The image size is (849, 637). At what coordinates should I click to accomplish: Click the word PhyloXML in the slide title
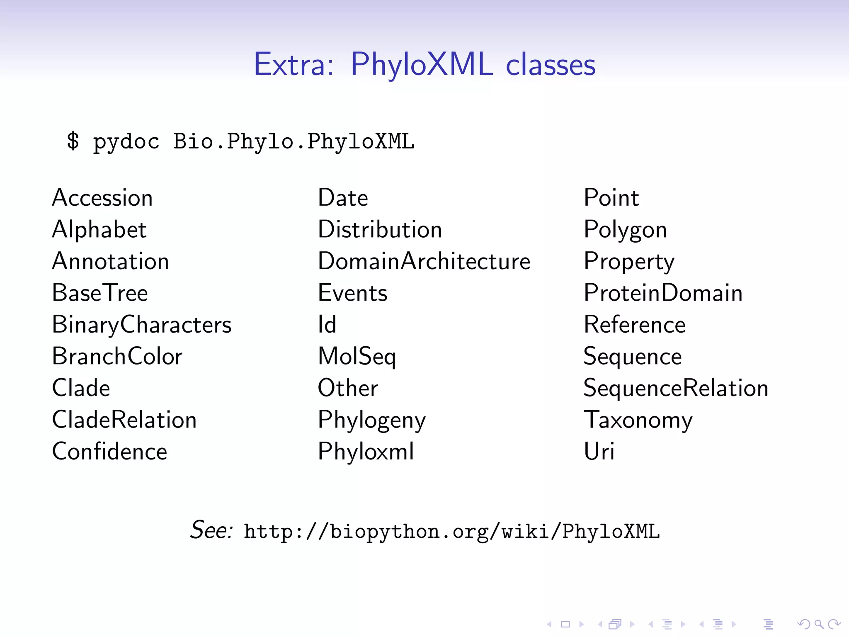coord(422,65)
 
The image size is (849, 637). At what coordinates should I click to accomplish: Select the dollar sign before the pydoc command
coord(73,141)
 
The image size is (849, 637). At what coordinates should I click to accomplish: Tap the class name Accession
coord(102,197)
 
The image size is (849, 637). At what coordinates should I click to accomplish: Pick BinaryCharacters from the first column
coord(141,324)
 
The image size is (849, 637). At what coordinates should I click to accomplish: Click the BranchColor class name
coord(117,356)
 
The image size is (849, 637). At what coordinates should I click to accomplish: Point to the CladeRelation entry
coord(124,420)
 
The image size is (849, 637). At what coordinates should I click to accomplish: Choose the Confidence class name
coord(109,451)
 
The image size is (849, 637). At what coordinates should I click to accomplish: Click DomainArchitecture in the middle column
coord(424,261)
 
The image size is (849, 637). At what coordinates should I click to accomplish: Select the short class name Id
coord(327,324)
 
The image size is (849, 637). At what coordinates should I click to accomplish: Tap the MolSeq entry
coord(357,357)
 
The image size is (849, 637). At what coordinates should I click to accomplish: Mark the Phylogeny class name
coord(371,421)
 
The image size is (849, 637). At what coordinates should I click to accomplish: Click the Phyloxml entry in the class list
coord(366,451)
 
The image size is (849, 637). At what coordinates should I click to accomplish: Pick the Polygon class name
coord(625,230)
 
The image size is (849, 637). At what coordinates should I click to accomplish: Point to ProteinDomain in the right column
coord(662,293)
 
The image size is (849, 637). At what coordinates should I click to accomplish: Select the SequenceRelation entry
coord(675,388)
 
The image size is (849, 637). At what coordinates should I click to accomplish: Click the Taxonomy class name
coord(638,420)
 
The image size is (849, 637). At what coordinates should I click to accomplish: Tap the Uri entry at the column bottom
coord(599,451)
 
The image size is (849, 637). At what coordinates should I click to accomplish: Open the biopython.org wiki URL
coord(451,531)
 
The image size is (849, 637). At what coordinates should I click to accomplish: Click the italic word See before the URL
coord(211,530)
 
